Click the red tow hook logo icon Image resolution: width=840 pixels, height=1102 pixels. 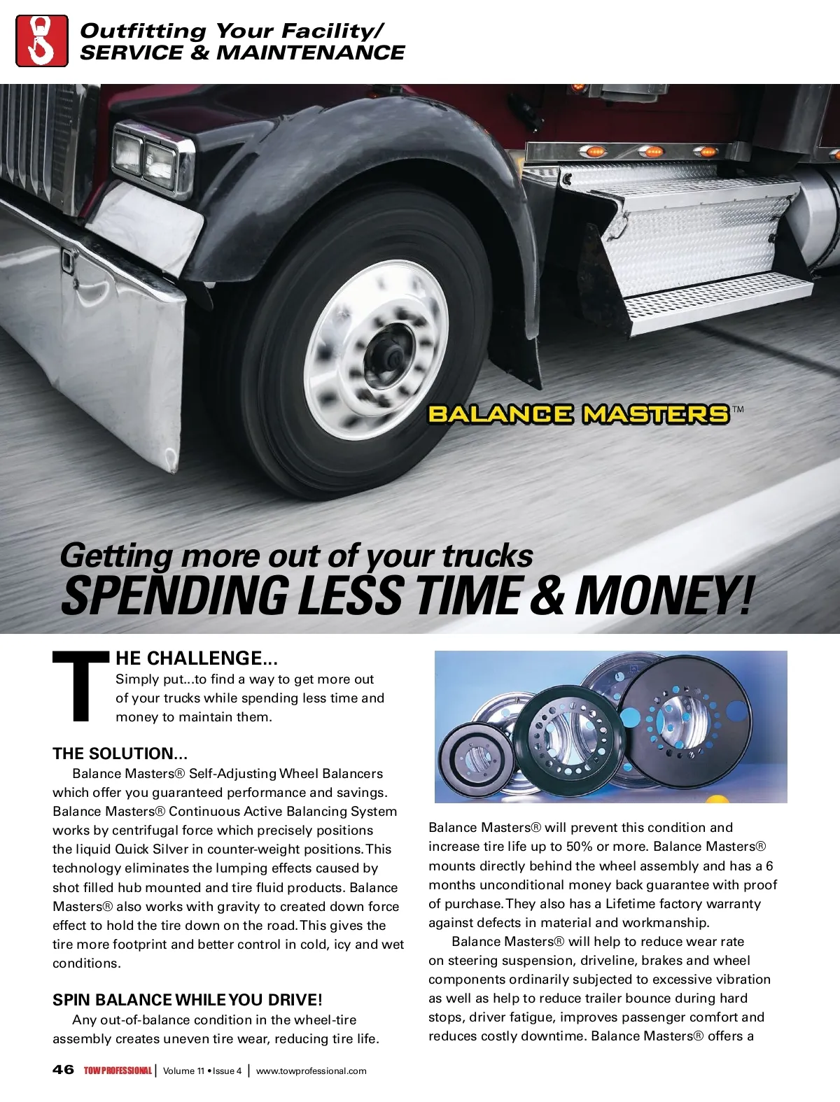pos(42,41)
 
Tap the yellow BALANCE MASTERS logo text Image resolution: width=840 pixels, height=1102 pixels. pos(578,414)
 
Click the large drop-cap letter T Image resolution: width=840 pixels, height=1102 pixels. pos(81,686)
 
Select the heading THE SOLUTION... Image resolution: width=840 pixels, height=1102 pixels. pos(120,754)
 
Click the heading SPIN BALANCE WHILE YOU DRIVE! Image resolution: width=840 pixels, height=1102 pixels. pos(188,1000)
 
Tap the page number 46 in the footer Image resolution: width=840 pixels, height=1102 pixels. pos(63,1070)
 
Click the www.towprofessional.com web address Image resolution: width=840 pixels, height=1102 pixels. pos(311,1071)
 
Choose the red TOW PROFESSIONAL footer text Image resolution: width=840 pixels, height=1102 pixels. pos(118,1071)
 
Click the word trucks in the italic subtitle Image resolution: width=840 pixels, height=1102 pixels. pos(487,556)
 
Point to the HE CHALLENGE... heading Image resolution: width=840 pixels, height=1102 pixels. pos(197,658)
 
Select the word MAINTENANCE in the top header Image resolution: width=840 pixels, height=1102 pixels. pos(311,52)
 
